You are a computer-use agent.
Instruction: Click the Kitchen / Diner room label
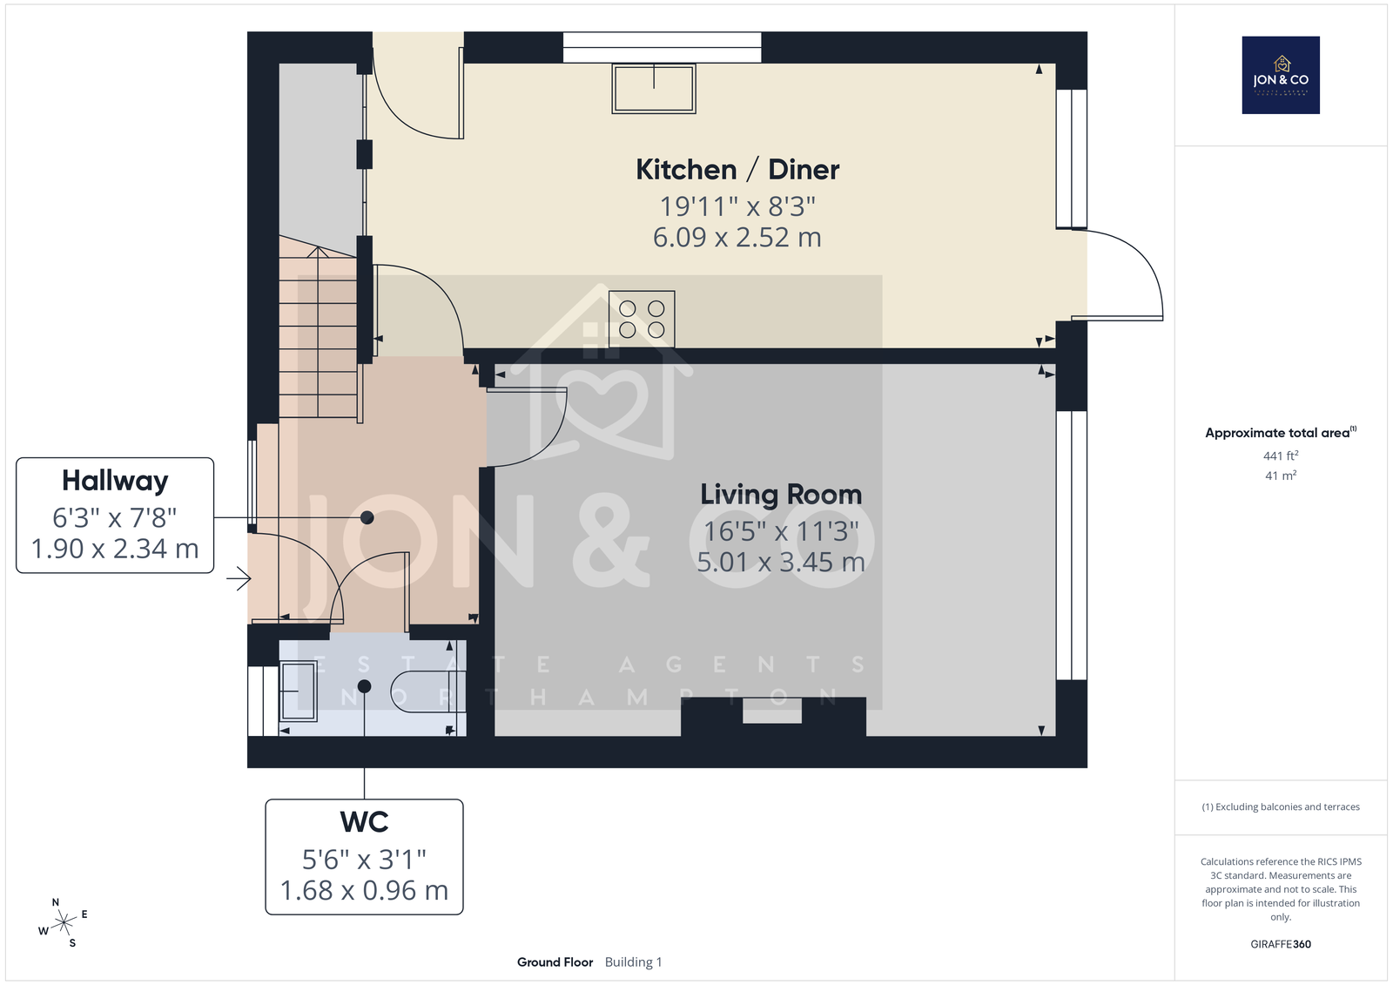pos(737,169)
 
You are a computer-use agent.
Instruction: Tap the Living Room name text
pos(781,495)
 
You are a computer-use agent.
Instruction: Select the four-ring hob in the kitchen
pos(642,319)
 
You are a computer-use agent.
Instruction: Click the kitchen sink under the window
pos(654,88)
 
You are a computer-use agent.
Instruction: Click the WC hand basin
pos(299,692)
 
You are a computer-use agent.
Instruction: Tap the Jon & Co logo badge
pos(1281,75)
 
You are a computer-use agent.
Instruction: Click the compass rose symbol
pos(64,923)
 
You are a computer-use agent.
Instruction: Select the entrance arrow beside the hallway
pos(239,578)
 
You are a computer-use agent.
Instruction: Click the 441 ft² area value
pos(1281,455)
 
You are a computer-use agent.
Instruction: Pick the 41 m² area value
pos(1281,476)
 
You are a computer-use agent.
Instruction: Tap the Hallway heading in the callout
pos(115,481)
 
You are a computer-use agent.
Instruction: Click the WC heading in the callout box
pos(365,822)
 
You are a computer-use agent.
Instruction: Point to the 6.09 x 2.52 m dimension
pos(737,237)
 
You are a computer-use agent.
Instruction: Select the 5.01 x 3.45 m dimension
pos(780,562)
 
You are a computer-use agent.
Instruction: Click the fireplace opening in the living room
pos(772,711)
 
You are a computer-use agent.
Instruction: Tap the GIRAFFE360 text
pos(1281,944)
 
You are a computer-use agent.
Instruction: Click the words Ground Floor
pos(555,962)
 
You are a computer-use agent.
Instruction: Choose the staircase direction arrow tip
pos(318,247)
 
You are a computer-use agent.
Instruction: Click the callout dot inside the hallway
pos(367,517)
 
